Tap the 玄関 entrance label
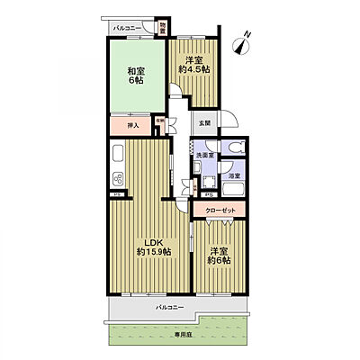tap(205, 121)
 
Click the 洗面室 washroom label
tap(204, 156)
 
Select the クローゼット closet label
tap(220, 209)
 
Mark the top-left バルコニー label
tap(125, 28)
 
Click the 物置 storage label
tap(162, 28)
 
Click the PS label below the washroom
tap(208, 194)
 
